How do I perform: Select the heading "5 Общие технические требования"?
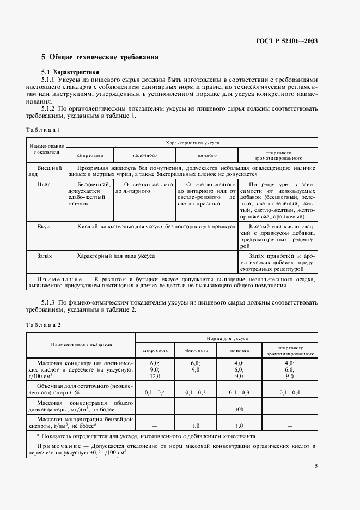[x=100, y=57]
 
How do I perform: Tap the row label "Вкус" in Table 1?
[x=45, y=225]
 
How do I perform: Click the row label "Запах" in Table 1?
[x=46, y=255]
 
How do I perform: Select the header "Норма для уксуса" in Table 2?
[x=227, y=338]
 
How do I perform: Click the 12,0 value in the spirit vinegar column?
[x=155, y=375]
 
